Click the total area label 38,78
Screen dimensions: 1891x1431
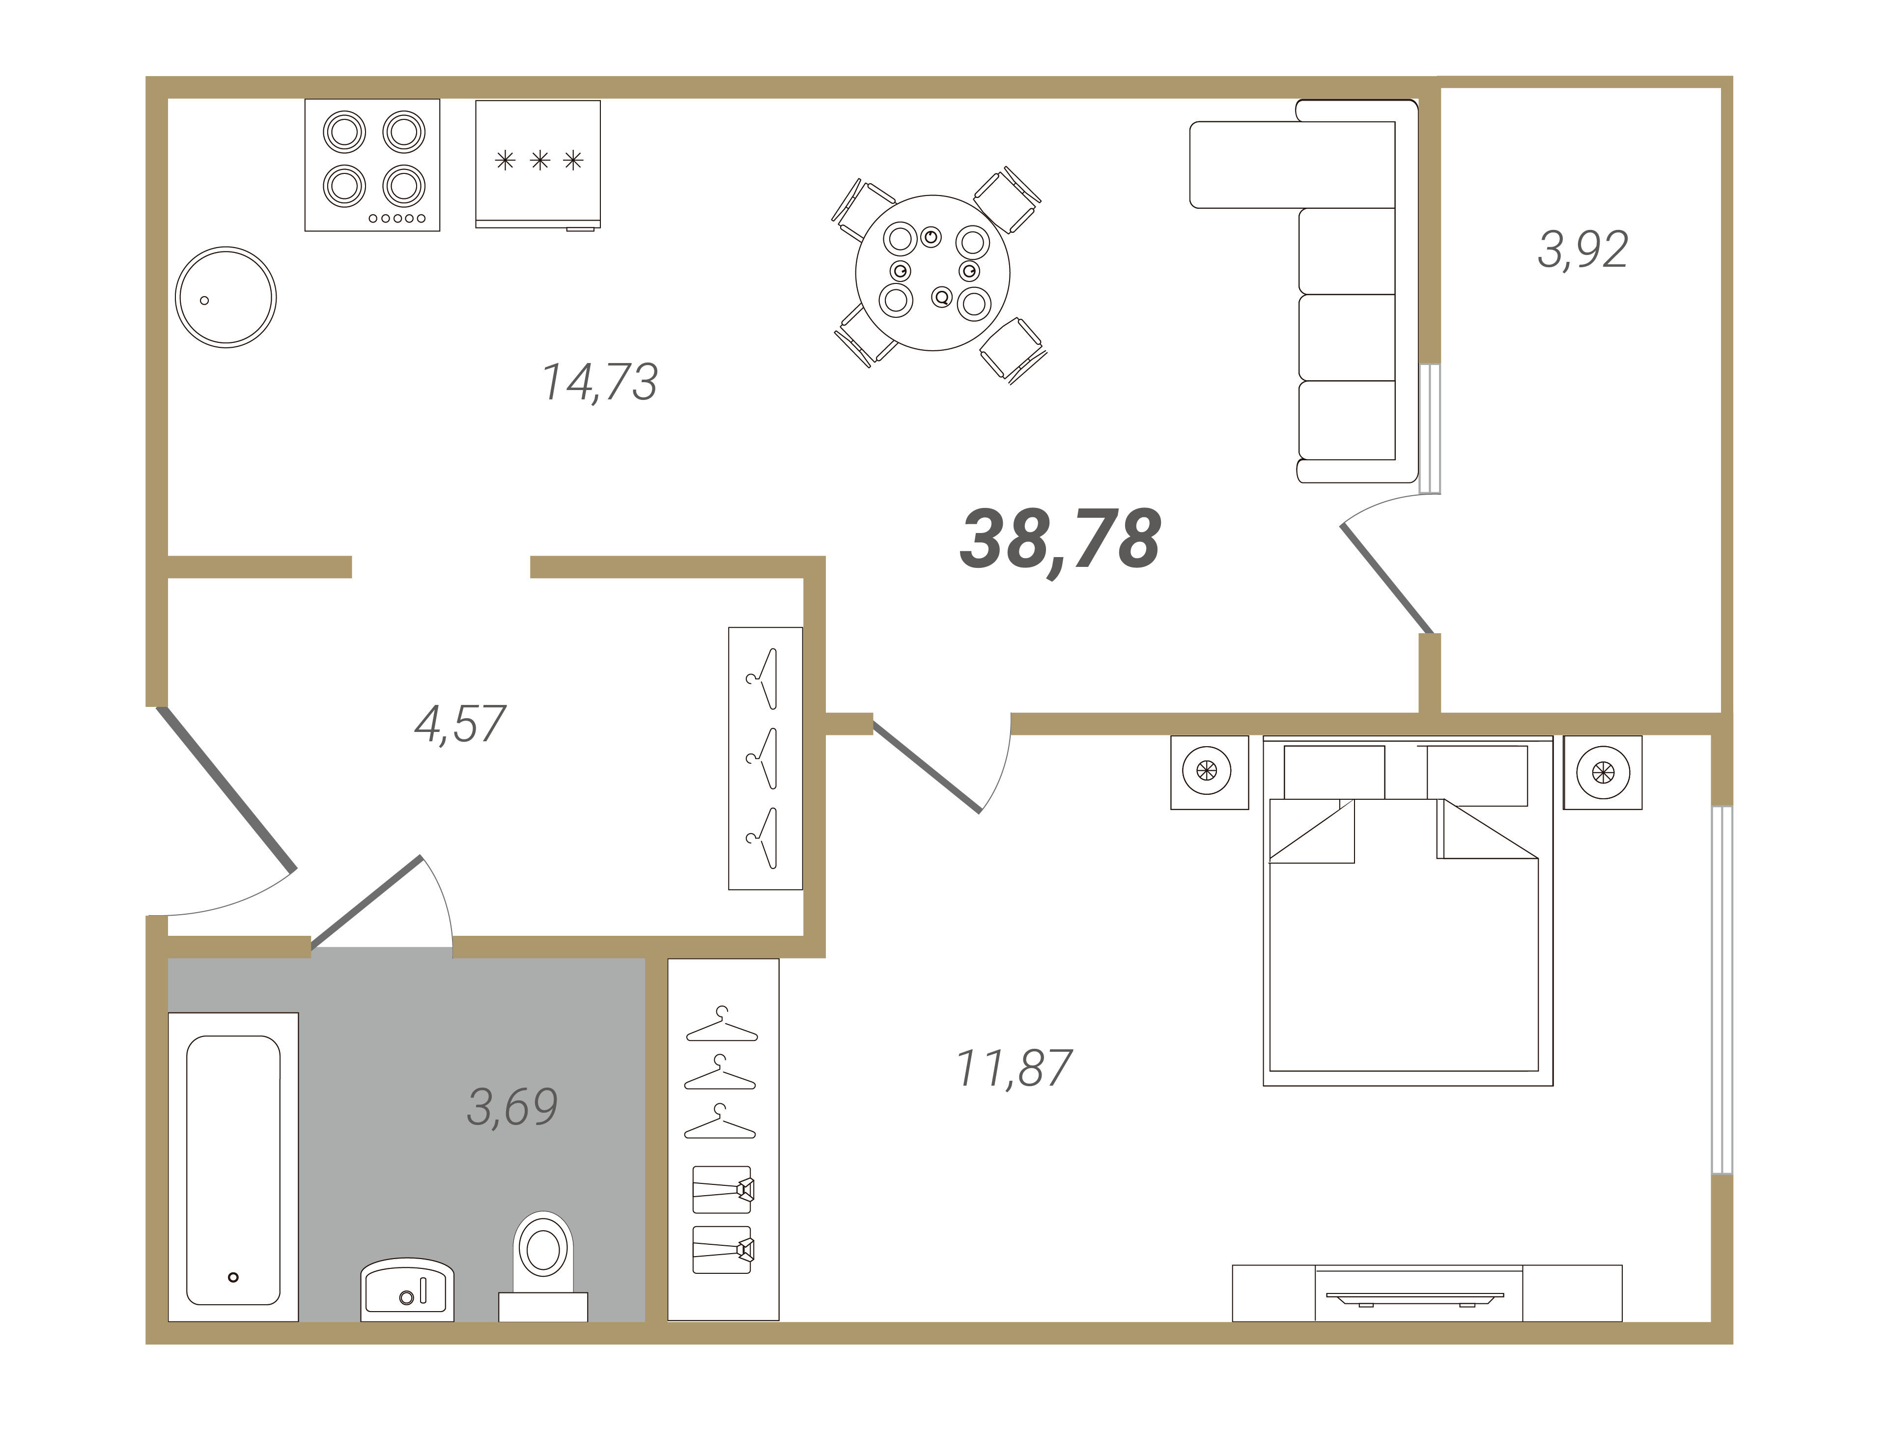tap(1060, 540)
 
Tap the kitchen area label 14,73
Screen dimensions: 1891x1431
tap(600, 382)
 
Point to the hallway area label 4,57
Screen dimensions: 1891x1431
tap(460, 724)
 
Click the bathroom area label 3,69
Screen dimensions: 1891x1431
tap(512, 1107)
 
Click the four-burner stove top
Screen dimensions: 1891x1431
tap(372, 165)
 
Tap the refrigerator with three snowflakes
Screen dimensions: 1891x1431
tap(537, 165)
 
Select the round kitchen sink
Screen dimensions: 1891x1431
tap(226, 298)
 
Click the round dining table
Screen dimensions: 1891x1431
tap(932, 273)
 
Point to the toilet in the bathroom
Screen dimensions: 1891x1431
tap(543, 1265)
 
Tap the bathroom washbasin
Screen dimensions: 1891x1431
tap(407, 1289)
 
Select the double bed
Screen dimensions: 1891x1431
tap(1408, 911)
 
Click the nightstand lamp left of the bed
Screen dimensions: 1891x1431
tap(1207, 771)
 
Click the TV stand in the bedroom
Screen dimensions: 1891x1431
tap(1427, 1293)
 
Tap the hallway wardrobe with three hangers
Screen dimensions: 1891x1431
tap(765, 758)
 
